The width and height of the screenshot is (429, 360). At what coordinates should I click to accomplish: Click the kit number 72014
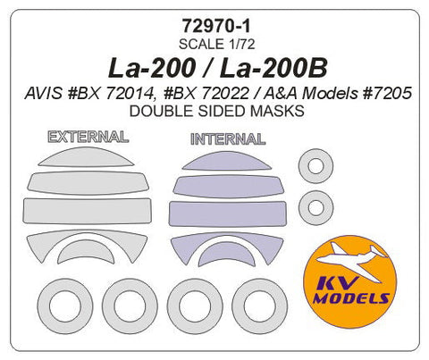(181, 93)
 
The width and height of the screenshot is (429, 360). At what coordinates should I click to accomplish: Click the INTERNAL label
(227, 139)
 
